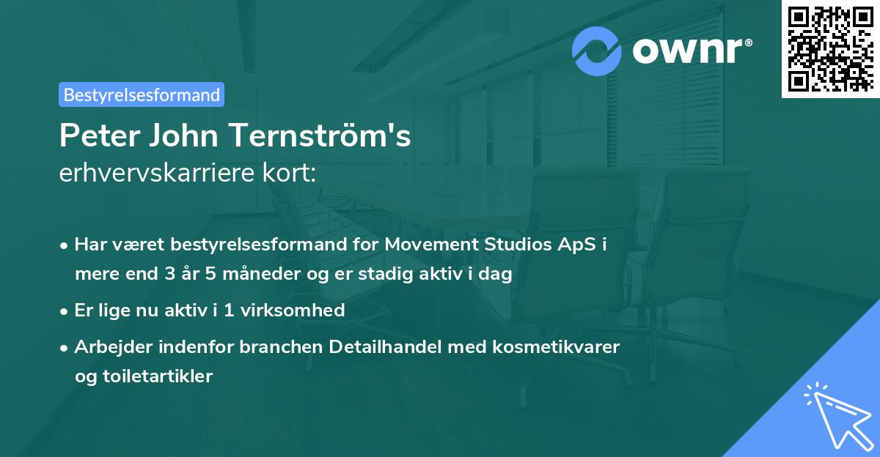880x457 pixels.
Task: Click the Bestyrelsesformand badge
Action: coord(142,94)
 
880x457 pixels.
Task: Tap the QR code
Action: coord(830,49)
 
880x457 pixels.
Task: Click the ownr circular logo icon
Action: coord(597,51)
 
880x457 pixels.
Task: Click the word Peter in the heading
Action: coord(98,135)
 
